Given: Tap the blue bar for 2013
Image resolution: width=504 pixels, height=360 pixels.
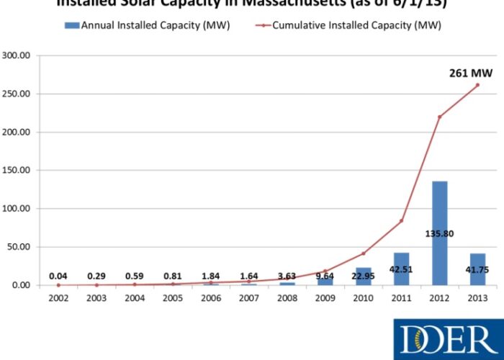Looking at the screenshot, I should coord(477,269).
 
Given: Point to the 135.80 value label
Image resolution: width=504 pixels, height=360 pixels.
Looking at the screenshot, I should coord(439,233).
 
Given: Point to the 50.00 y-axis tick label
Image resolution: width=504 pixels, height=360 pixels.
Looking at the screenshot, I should coord(18,247).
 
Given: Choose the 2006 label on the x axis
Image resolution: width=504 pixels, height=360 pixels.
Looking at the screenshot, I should coord(211,297).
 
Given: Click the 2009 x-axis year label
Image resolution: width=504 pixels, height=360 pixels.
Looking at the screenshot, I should coord(325,297).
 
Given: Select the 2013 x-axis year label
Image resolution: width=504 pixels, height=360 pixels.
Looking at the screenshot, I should coord(477,297).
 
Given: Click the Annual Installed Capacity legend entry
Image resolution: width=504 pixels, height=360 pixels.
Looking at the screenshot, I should coord(148,25).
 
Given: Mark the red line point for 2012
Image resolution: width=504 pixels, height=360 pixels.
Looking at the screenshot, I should coord(439,117).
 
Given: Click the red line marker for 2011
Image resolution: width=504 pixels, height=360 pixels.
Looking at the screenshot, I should coord(401,220).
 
